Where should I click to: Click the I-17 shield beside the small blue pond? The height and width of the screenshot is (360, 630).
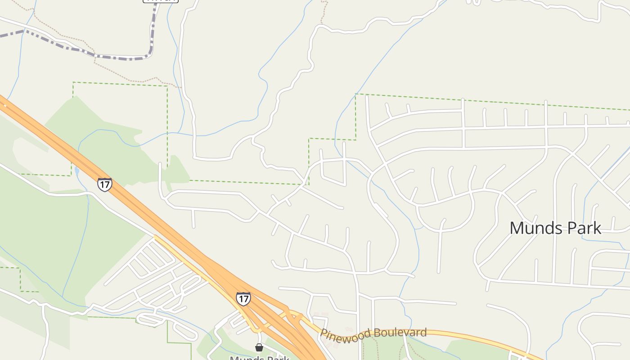coord(104,184)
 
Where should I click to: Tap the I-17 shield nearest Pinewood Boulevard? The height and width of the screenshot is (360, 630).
coord(243,298)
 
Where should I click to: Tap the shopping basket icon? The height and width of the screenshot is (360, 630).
coord(259,347)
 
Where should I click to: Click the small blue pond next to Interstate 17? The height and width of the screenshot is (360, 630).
coord(77,171)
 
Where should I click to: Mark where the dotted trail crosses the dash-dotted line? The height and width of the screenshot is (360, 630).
coord(94,55)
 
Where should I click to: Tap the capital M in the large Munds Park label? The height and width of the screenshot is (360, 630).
coord(516,228)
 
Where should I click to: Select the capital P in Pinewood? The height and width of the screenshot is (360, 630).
coord(323,333)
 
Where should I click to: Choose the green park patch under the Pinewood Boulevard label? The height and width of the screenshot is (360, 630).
coord(382,349)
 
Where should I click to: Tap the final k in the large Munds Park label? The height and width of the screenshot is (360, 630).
coord(597,228)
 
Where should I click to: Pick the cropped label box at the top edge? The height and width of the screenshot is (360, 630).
coord(161,1)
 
